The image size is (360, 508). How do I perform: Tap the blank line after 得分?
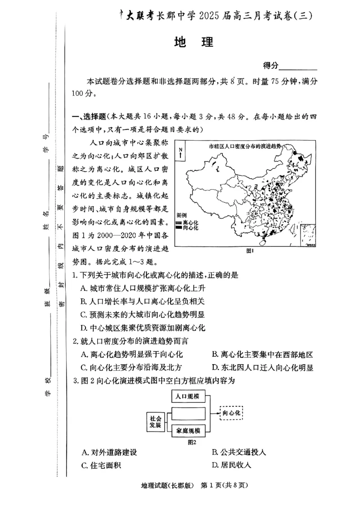pyautogui.click(x=298, y=67)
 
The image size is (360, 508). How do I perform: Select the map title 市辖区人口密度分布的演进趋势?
pyautogui.click(x=245, y=146)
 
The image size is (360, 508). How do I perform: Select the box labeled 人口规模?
pyautogui.click(x=189, y=397)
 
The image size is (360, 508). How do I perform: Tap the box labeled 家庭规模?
pyautogui.click(x=189, y=430)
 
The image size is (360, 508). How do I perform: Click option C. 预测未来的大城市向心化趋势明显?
pyautogui.click(x=143, y=314)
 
